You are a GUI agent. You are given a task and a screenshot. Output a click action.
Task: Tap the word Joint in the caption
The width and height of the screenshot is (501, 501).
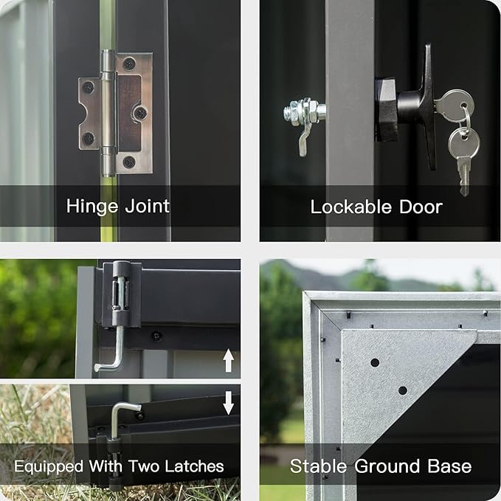pyautogui.click(x=145, y=205)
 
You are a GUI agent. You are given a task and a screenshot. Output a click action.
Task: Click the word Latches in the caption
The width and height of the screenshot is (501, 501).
pyautogui.click(x=189, y=466)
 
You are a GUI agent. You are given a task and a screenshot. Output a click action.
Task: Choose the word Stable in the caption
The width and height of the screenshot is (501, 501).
pyautogui.click(x=316, y=466)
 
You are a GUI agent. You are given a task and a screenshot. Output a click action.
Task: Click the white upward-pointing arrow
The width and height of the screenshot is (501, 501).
pyautogui.click(x=228, y=360)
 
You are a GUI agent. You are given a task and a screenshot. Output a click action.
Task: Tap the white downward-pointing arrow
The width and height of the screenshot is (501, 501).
pyautogui.click(x=228, y=402)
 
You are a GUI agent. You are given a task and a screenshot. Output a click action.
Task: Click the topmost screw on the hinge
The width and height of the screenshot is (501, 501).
pyautogui.click(x=129, y=64)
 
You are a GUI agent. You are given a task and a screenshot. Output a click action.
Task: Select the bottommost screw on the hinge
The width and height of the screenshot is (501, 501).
pyautogui.click(x=128, y=161)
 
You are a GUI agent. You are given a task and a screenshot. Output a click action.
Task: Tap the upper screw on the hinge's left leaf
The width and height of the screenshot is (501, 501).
pyautogui.click(x=88, y=88)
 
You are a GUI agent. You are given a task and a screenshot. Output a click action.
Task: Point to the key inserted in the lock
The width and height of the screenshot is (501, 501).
pyautogui.click(x=452, y=105)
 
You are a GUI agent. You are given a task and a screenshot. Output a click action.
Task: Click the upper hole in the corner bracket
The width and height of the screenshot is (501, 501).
pyautogui.click(x=375, y=362)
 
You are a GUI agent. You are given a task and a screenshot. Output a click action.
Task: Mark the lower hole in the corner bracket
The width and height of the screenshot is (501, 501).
pyautogui.click(x=402, y=390)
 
